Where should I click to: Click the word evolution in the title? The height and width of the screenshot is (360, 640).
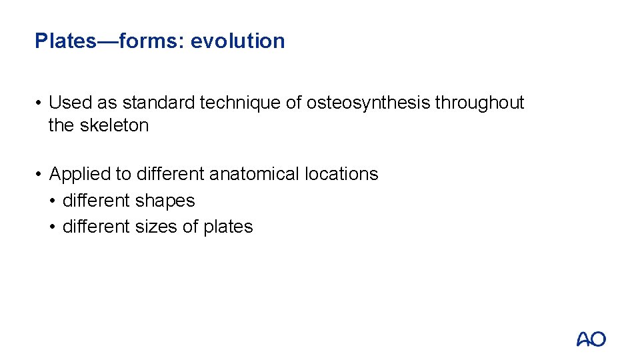237,41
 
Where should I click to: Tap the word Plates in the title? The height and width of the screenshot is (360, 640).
65,41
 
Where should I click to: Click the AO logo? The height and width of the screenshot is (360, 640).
591,339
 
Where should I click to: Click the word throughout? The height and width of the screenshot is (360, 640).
479,103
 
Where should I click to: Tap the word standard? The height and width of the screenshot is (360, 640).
157,103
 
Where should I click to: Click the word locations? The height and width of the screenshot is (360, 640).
341,174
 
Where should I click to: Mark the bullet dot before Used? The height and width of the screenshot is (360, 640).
39,103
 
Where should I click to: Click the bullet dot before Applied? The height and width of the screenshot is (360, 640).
39,175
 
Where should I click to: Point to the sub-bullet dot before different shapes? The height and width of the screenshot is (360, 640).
53,201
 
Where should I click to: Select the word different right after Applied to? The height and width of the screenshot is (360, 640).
171,174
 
